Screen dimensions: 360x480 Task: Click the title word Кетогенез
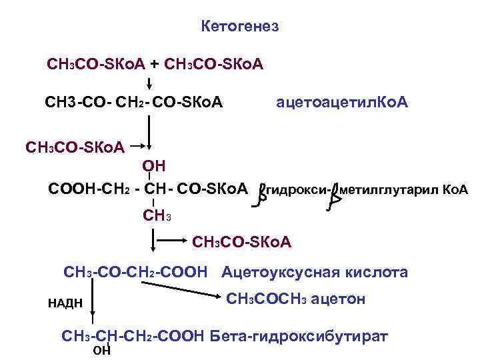coord(239,27)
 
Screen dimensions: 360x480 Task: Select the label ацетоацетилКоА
coord(342,103)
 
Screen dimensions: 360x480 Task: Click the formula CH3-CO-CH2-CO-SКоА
coord(133,103)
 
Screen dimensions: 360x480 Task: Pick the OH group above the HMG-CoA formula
coord(154,165)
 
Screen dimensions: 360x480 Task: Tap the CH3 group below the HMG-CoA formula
coord(157,215)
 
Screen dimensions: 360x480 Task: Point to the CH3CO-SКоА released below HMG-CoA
coord(241,240)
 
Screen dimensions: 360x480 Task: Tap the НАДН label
coord(65,303)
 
